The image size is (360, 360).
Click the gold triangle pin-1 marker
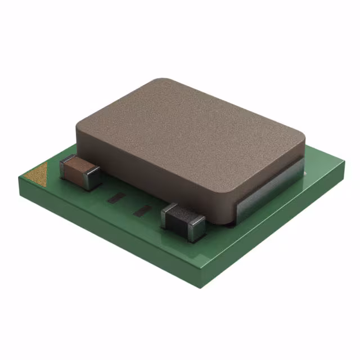[x=38, y=173]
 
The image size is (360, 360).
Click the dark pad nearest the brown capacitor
[x=117, y=197]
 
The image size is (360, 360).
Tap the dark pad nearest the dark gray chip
[x=143, y=210]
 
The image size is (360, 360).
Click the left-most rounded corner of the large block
[x=79, y=127]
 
